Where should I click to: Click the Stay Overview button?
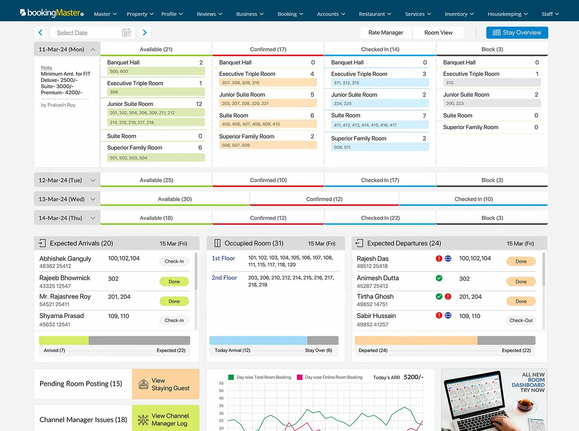click(x=517, y=33)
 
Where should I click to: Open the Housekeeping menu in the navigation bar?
click(x=507, y=14)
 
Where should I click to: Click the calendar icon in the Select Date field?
click(x=126, y=33)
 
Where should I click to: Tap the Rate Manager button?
click(x=385, y=33)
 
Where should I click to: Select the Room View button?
click(x=438, y=33)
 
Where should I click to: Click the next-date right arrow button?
click(x=145, y=33)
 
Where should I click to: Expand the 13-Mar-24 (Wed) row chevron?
click(x=93, y=200)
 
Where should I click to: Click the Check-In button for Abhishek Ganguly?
click(x=174, y=261)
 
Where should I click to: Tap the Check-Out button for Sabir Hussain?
click(x=521, y=320)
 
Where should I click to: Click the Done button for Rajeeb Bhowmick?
click(x=174, y=282)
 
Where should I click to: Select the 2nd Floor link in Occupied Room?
click(x=224, y=277)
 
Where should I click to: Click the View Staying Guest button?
click(x=165, y=384)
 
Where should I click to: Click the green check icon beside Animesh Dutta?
click(x=439, y=278)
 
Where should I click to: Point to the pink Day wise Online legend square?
click(x=300, y=377)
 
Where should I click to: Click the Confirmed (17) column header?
click(x=268, y=49)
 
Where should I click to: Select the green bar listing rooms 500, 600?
click(x=156, y=71)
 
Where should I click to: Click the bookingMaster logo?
click(x=52, y=13)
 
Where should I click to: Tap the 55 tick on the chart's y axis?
click(x=221, y=383)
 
